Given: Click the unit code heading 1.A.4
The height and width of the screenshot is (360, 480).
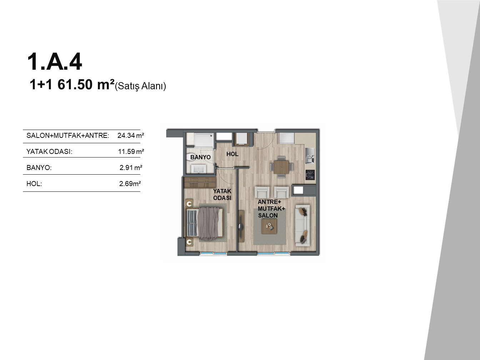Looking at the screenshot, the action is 55,62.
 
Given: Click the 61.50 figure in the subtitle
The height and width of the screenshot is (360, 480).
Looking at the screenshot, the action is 75,85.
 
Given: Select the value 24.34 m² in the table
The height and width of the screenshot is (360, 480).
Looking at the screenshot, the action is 131,135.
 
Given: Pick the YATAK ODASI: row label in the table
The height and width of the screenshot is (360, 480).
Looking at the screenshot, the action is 49,151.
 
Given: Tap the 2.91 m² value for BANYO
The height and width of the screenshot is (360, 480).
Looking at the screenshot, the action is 131,167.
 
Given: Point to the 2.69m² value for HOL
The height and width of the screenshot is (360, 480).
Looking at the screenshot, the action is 130,184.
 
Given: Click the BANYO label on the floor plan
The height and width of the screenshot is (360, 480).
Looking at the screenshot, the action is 200,157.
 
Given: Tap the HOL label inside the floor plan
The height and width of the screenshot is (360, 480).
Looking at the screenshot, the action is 232,154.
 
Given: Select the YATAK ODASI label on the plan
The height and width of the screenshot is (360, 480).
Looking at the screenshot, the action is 222,194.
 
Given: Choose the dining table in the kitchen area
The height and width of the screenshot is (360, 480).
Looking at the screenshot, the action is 281,167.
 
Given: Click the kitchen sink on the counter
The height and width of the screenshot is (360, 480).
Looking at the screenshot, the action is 310,156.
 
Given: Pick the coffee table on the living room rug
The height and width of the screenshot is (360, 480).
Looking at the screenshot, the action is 269,226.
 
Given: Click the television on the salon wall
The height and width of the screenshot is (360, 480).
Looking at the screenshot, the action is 241,226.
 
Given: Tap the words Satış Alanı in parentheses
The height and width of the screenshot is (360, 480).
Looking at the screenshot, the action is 140,86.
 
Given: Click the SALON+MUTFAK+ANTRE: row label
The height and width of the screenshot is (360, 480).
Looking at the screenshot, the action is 68,135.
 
